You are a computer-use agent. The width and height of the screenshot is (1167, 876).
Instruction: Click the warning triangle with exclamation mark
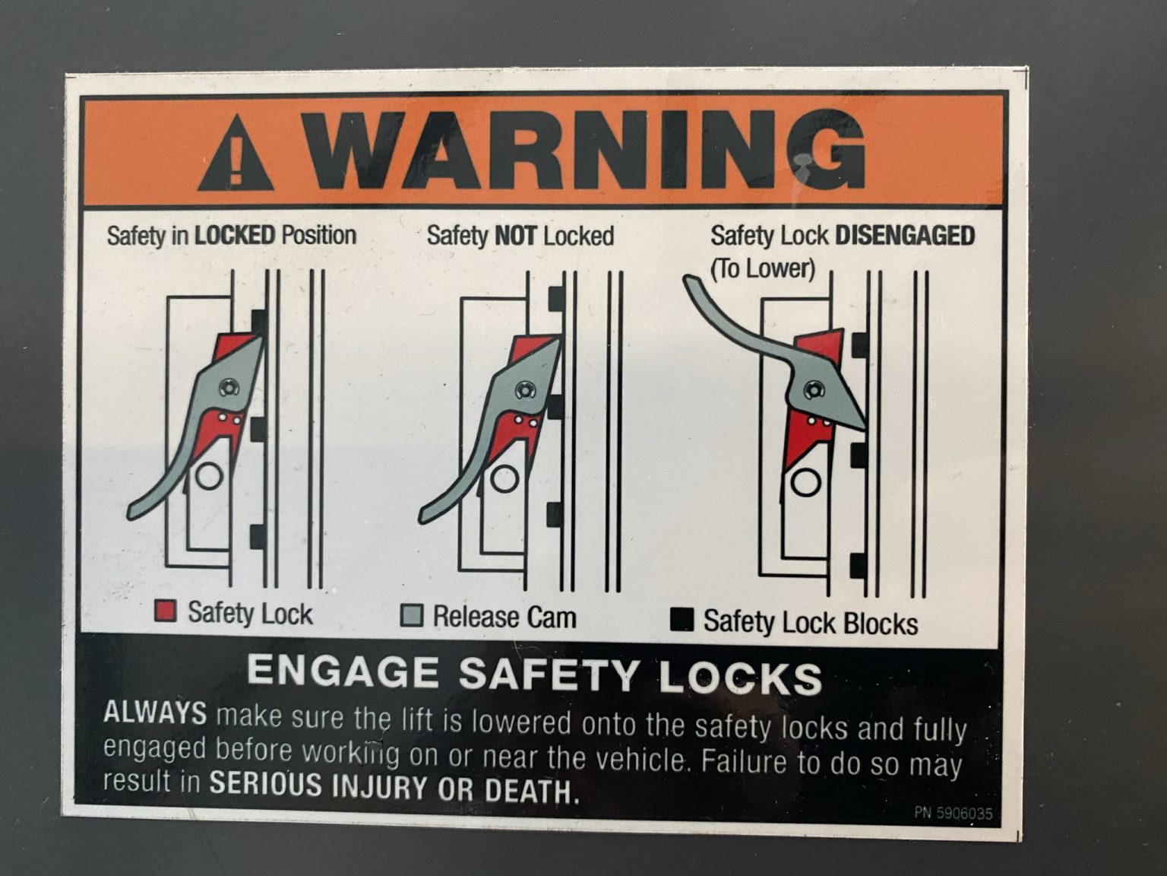pos(236,155)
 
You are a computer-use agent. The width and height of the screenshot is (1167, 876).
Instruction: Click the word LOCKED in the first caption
pos(235,235)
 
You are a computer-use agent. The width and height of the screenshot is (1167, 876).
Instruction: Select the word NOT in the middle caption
pos(515,236)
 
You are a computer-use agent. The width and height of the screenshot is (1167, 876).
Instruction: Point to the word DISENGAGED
pos(905,236)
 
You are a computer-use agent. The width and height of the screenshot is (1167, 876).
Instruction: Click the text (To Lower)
pos(763,268)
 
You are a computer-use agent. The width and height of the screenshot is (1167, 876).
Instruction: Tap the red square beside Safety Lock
pos(166,611)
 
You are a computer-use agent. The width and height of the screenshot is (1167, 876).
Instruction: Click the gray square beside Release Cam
pos(412,615)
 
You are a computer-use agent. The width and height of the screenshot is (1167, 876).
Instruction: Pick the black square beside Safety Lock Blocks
pos(682,620)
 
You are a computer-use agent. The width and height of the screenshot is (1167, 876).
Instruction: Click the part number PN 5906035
pos(954,813)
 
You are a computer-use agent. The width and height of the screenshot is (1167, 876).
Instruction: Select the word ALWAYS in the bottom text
pos(155,713)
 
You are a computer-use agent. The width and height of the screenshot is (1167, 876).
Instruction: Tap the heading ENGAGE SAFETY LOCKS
pos(534,674)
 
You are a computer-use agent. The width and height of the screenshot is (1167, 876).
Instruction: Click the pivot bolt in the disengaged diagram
pos(811,390)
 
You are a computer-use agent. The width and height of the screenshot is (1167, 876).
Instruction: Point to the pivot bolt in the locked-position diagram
pos(229,387)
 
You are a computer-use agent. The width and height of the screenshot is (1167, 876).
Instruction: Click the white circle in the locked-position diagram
pos(209,476)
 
